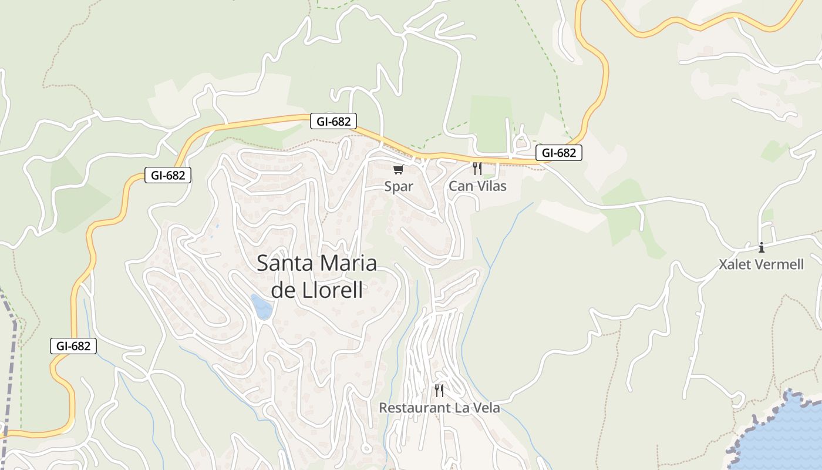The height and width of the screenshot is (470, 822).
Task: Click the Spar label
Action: [x=399, y=186]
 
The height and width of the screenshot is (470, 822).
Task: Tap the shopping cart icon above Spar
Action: [x=399, y=170]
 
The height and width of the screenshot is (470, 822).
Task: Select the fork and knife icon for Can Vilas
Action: [x=477, y=169]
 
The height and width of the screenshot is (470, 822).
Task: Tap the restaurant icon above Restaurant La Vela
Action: [x=439, y=390]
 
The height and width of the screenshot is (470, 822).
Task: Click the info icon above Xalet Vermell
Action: [x=762, y=247]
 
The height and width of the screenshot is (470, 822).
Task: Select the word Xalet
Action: [x=735, y=264]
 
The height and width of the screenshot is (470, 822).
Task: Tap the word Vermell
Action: [x=779, y=264]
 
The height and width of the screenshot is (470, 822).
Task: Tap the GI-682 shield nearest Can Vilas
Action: [x=558, y=153]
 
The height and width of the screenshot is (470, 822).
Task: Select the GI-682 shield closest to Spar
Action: [x=333, y=122]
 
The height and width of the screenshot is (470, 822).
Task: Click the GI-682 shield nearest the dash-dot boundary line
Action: [x=73, y=346]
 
